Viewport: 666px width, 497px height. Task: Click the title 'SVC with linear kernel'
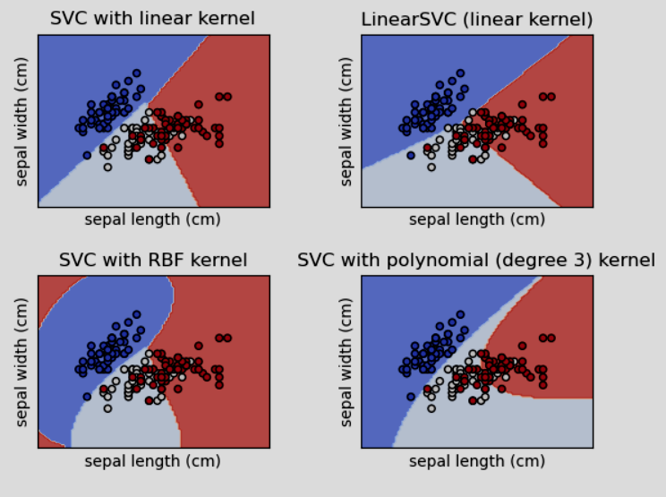click(152, 19)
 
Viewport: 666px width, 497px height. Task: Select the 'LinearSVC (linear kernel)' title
click(476, 19)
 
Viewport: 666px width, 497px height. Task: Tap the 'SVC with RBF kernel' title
click(152, 261)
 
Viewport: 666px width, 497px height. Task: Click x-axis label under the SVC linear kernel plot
click(152, 219)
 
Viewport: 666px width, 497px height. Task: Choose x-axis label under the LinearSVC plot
click(476, 219)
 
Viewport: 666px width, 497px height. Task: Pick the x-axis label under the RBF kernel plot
click(152, 461)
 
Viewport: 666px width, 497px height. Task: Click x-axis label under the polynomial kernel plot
click(476, 461)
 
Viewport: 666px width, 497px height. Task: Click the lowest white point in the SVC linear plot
click(107, 167)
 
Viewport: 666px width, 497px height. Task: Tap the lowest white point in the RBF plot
click(107, 408)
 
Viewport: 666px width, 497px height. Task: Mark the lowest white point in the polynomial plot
click(431, 408)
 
